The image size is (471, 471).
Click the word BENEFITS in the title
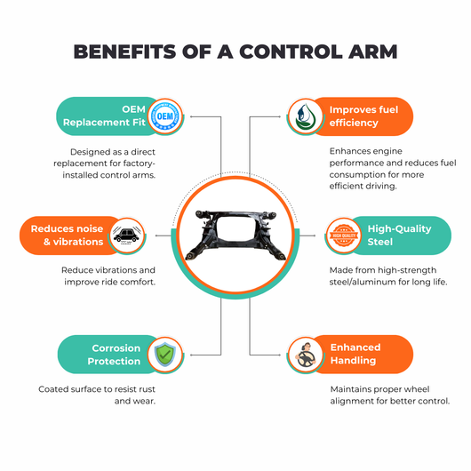click(x=124, y=52)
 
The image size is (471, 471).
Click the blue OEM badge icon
click(x=165, y=116)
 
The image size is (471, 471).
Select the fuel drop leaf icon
click(x=305, y=116)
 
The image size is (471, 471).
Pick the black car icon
click(x=127, y=235)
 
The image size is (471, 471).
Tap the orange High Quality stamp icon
click(x=344, y=235)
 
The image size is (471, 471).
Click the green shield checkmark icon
click(x=165, y=355)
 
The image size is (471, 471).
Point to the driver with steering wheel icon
click(x=305, y=355)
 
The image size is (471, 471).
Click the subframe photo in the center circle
click(x=235, y=235)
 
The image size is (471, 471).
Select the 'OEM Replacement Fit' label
click(x=104, y=116)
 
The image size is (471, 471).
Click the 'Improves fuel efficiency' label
click(x=363, y=116)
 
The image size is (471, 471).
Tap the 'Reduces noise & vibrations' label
click(x=67, y=235)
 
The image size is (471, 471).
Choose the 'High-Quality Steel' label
click(x=399, y=235)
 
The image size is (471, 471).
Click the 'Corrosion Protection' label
click(x=114, y=355)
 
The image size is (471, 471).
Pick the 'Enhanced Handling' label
click(x=355, y=354)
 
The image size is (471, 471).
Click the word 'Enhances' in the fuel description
click(x=347, y=151)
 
